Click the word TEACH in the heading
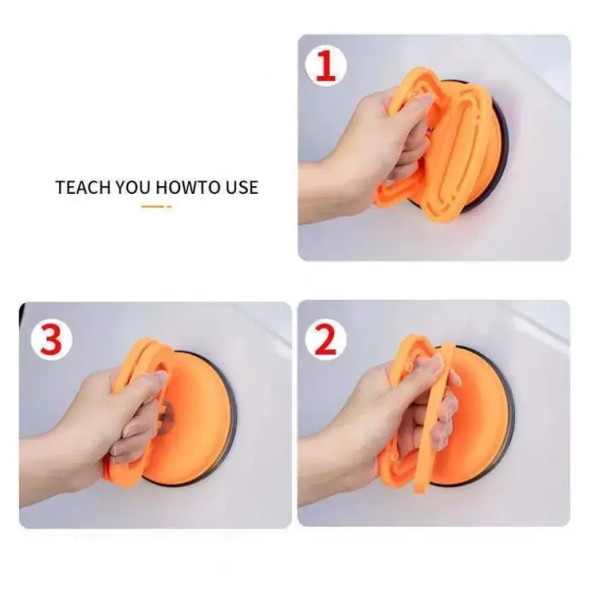pyautogui.click(x=82, y=187)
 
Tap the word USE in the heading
pyautogui.click(x=238, y=187)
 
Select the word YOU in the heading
pyautogui.click(x=131, y=187)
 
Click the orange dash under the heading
pyautogui.click(x=155, y=207)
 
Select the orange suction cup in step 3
pyautogui.click(x=192, y=410)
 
